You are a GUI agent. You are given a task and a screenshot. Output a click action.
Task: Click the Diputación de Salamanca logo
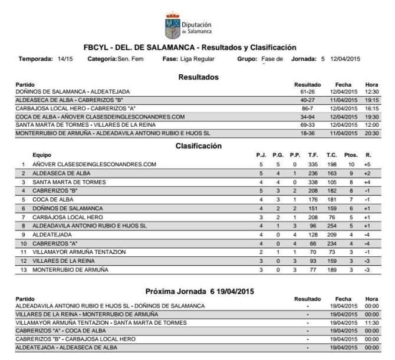[189, 24]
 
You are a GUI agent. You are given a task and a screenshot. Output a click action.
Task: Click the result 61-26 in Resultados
[307, 92]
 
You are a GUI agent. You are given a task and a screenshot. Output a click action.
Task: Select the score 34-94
[307, 117]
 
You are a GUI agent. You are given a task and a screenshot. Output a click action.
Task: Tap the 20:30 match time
[371, 133]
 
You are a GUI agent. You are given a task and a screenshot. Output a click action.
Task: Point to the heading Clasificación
[198, 146]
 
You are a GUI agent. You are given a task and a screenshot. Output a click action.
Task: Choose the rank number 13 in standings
[23, 269]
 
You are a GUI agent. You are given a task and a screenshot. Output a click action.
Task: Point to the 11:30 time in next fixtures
[371, 323]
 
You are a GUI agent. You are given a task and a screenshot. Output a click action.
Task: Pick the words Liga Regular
[197, 59]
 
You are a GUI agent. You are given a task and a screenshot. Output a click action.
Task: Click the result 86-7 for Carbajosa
[307, 108]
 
